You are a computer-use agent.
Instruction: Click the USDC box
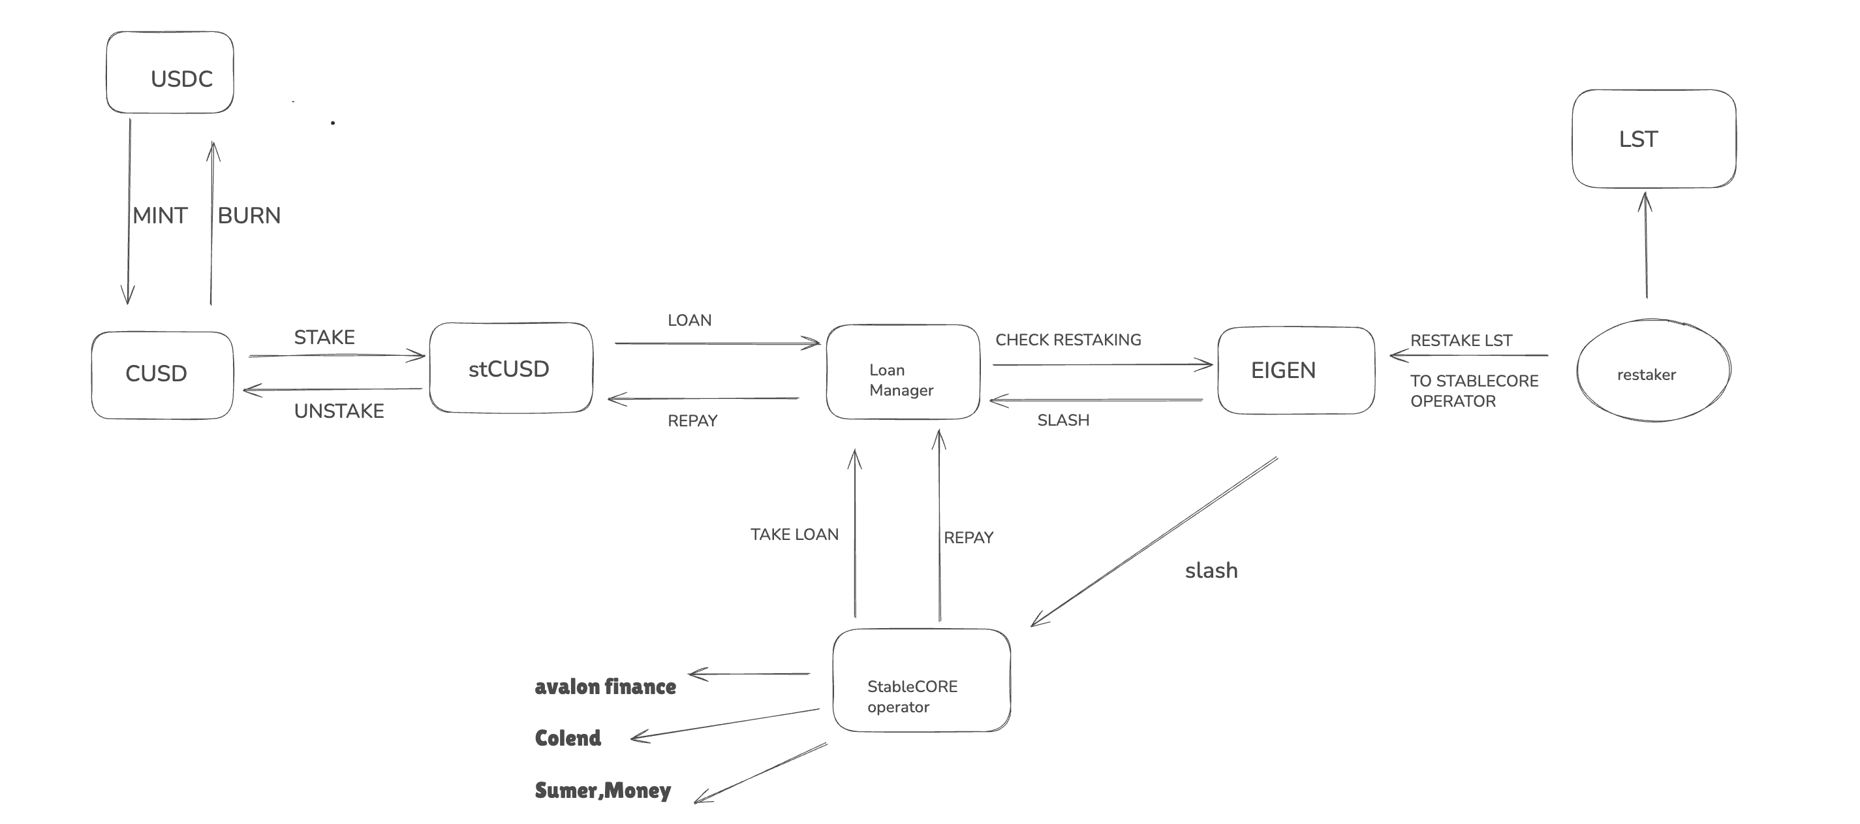(170, 72)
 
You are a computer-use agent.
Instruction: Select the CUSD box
(163, 375)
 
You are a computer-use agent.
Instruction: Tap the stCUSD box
(510, 368)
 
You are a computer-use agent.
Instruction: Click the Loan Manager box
(903, 372)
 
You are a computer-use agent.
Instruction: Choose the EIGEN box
(1295, 370)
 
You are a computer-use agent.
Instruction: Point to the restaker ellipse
(1652, 370)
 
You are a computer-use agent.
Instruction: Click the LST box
(1654, 138)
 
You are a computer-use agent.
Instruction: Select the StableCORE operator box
(921, 680)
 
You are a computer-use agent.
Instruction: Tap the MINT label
(160, 215)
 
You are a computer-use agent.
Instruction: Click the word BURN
(249, 215)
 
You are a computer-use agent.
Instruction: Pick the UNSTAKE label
(339, 411)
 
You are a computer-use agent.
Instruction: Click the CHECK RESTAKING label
(1068, 340)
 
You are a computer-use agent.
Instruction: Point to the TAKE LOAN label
(794, 534)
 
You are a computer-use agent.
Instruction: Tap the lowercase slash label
(1211, 571)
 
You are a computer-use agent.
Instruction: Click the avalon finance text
(605, 687)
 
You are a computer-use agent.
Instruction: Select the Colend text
(568, 738)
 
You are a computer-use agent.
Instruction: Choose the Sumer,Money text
(602, 790)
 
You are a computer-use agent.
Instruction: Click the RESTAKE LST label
(1461, 340)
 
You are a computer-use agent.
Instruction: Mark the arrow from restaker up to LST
(1645, 246)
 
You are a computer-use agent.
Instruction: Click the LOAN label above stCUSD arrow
(689, 320)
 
